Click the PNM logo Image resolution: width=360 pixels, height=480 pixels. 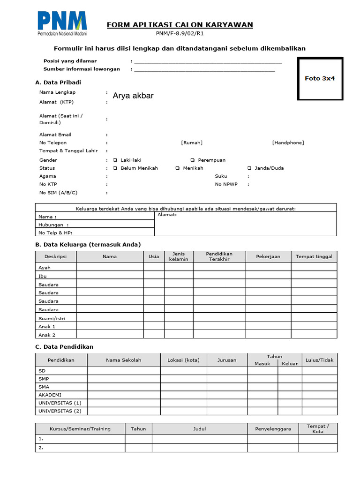[x=62, y=23]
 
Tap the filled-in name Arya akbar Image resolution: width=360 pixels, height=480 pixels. [x=133, y=96]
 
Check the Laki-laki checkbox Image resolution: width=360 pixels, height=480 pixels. [x=115, y=160]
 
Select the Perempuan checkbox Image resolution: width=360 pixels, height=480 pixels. [x=193, y=160]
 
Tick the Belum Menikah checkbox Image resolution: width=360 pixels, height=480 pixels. [x=115, y=168]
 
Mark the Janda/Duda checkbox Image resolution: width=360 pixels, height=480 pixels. [x=249, y=168]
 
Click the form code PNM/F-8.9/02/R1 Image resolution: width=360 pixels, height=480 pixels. [x=180, y=34]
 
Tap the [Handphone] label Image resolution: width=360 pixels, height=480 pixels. [x=288, y=142]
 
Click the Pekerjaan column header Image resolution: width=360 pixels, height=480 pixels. [x=268, y=256]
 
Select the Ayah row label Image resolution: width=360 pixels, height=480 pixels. [x=45, y=268]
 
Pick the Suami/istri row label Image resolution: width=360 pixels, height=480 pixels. [x=52, y=318]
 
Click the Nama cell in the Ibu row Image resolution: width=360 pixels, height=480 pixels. [x=110, y=276]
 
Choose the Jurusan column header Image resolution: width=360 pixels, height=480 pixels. [x=227, y=360]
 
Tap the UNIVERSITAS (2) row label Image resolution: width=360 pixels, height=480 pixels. [x=60, y=411]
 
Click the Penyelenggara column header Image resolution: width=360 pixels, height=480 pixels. [x=273, y=428]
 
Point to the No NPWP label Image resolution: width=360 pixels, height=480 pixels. [x=226, y=184]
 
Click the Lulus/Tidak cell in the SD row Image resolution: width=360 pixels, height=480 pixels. [x=319, y=371]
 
